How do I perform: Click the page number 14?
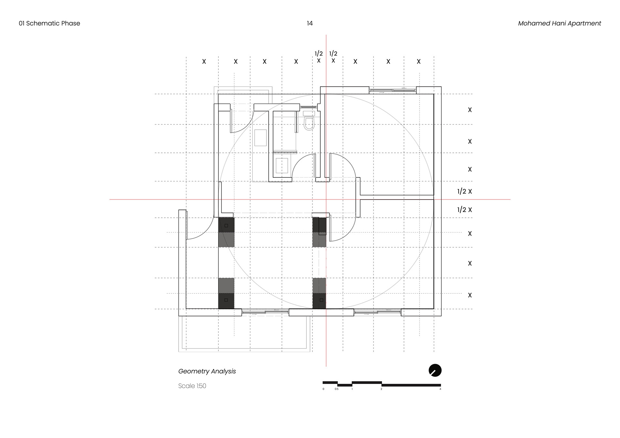(310, 23)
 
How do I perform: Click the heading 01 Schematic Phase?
(49, 23)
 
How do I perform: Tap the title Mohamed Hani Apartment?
(559, 23)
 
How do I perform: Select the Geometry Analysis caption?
(207, 371)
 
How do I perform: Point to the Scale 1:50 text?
(192, 386)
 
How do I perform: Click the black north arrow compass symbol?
(435, 370)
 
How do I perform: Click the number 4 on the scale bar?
(440, 389)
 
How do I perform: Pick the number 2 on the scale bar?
(381, 389)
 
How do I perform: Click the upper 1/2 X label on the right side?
(464, 191)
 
